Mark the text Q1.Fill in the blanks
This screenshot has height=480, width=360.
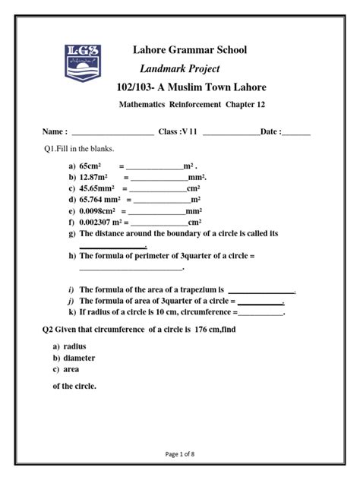[77, 149]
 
